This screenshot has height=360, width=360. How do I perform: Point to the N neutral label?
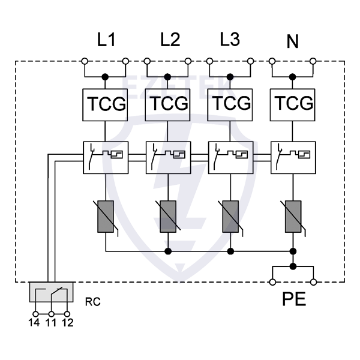pyautogui.click(x=292, y=42)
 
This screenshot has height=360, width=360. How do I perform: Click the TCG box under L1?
pyautogui.click(x=105, y=104)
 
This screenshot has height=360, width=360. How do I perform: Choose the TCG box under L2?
pyautogui.click(x=168, y=104)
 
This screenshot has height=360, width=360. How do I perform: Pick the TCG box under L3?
pyautogui.click(x=230, y=104)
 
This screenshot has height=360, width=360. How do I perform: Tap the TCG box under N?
pyautogui.click(x=293, y=104)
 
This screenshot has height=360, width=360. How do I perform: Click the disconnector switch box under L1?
pyautogui.click(x=105, y=157)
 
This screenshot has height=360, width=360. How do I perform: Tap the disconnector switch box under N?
pyautogui.click(x=293, y=157)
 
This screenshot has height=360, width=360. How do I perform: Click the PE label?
pyautogui.click(x=293, y=299)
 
